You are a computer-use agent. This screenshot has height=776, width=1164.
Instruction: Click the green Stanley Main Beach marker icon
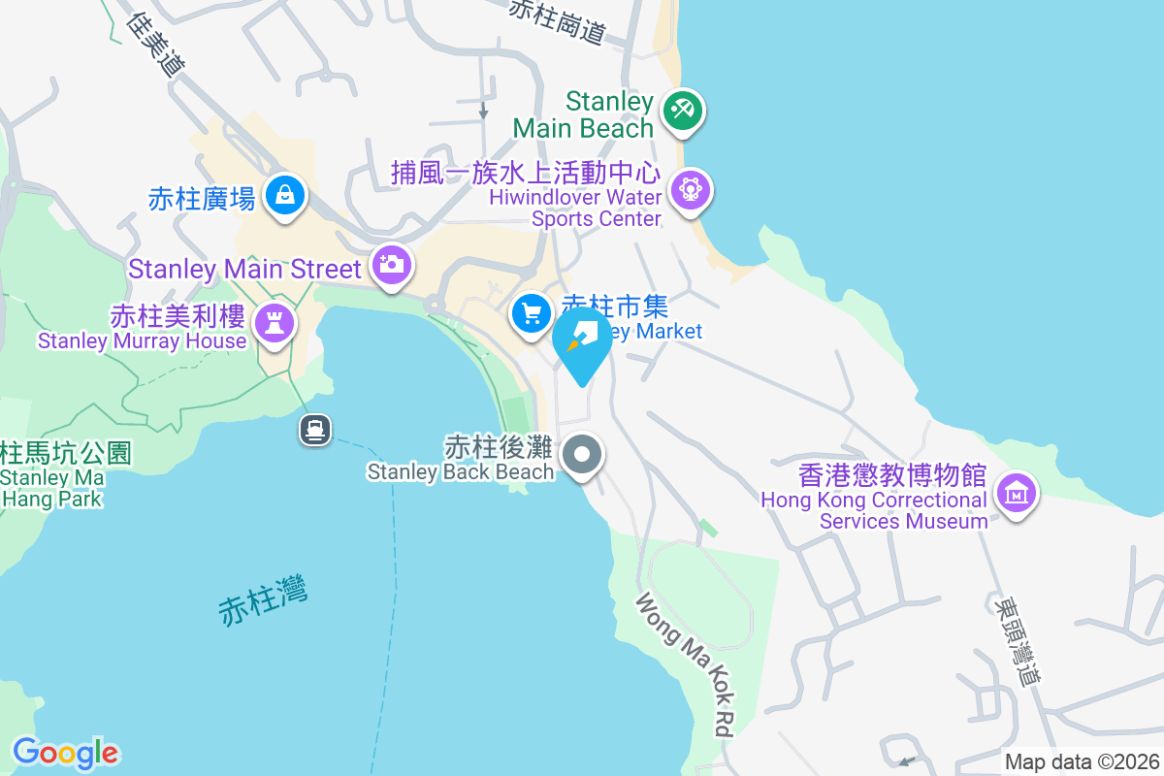click(683, 110)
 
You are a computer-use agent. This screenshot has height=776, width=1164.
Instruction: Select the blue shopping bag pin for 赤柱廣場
click(285, 194)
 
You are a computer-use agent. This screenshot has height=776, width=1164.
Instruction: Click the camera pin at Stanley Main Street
click(392, 264)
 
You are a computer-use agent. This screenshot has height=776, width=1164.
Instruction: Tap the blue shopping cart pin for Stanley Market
click(531, 313)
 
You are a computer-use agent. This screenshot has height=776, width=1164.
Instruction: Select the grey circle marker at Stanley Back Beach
click(583, 453)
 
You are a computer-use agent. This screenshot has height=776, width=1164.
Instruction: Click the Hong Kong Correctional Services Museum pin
click(1016, 493)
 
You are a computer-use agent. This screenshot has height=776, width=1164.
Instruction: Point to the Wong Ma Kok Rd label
click(684, 666)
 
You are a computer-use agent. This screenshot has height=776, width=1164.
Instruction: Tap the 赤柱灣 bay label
click(263, 598)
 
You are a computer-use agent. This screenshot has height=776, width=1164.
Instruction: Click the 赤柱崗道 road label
click(557, 20)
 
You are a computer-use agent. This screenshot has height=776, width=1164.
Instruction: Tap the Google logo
click(65, 753)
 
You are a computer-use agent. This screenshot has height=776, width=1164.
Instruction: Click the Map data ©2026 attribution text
click(1082, 761)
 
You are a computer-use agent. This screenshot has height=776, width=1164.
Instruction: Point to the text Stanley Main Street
click(244, 269)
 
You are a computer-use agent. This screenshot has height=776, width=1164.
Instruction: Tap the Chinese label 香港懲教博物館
click(892, 476)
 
